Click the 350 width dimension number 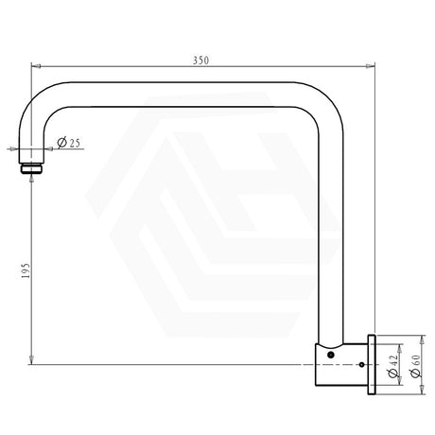click(199, 61)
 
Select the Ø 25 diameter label click(69, 142)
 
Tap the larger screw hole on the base click(330, 353)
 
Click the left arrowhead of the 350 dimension click(36, 67)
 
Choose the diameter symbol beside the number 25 click(61, 142)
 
